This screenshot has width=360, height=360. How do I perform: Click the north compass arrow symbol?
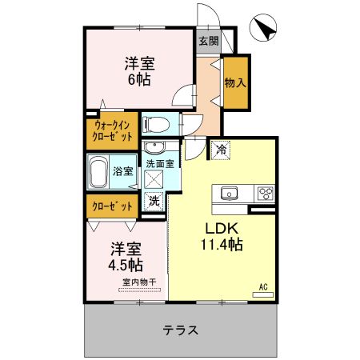(x=263, y=29)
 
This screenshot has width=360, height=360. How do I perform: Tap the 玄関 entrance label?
(x=208, y=41)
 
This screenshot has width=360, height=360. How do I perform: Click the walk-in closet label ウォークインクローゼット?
(x=113, y=130)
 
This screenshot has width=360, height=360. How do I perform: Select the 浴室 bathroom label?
(x=124, y=170)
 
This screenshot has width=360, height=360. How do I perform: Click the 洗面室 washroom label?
(x=160, y=162)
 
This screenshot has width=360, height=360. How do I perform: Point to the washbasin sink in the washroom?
(x=154, y=148)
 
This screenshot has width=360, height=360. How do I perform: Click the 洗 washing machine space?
(x=154, y=202)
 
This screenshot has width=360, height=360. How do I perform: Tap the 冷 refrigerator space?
(x=220, y=148)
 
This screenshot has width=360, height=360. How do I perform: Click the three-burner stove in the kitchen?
(x=264, y=194)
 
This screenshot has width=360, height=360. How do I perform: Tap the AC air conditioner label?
(x=262, y=286)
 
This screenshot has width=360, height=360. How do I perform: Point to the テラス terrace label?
(x=180, y=330)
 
